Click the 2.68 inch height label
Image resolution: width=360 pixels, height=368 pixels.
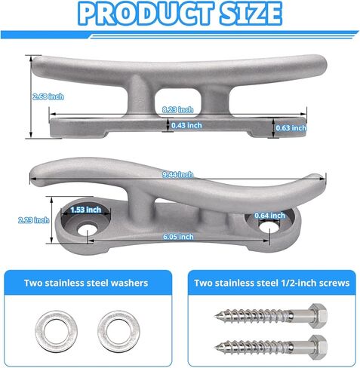48,97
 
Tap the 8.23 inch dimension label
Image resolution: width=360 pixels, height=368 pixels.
178,110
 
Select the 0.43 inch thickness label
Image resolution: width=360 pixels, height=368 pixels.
186,125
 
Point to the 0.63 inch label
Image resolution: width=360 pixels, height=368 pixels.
291,127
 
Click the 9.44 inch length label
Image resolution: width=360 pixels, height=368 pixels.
177,174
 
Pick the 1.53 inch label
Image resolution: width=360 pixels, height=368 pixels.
86,210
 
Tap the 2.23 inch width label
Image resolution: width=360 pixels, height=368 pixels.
34,220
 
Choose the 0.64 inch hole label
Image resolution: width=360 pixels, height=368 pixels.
269,216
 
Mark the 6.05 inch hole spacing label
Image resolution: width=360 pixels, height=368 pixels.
178,237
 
